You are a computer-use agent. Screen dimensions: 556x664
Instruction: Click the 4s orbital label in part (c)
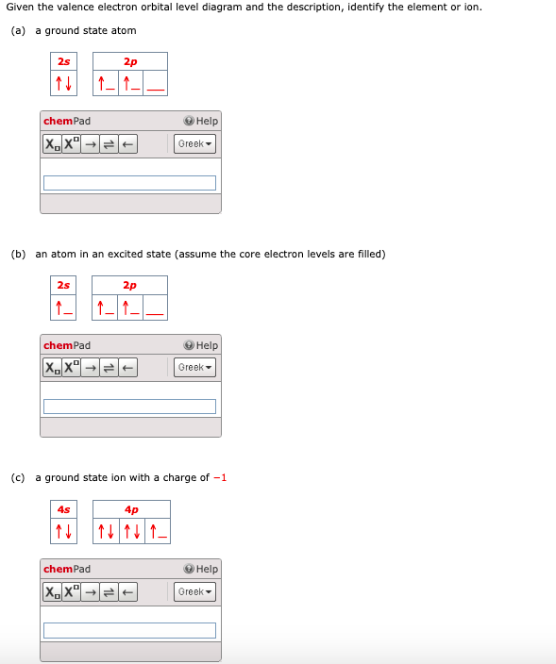[x=63, y=509]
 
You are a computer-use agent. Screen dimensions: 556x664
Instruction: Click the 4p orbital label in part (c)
[x=131, y=509]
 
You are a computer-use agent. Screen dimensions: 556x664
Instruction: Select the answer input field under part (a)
[x=129, y=183]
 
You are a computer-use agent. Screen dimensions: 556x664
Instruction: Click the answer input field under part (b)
[x=129, y=407]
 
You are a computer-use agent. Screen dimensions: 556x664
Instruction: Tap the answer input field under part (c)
[x=129, y=630]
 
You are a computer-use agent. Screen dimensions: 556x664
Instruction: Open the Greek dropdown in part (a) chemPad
[x=195, y=143]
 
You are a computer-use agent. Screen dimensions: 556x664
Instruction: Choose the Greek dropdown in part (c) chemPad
[x=195, y=591]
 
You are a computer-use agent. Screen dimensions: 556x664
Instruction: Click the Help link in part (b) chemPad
[x=201, y=345]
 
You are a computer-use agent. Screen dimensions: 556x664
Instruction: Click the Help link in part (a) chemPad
[x=201, y=121]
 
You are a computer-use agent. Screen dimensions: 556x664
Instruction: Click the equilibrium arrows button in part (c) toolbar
[x=109, y=591]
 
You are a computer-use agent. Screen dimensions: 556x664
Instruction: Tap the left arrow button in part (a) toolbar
[x=127, y=144]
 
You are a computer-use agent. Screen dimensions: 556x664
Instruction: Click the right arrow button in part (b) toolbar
[x=91, y=368]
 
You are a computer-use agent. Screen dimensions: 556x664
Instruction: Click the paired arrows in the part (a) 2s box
[x=63, y=83]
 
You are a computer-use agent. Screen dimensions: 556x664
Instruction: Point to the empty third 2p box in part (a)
[x=155, y=83]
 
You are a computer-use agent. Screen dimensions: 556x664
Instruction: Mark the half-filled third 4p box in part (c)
[x=158, y=531]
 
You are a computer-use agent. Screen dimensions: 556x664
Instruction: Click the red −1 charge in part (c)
[x=220, y=477]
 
